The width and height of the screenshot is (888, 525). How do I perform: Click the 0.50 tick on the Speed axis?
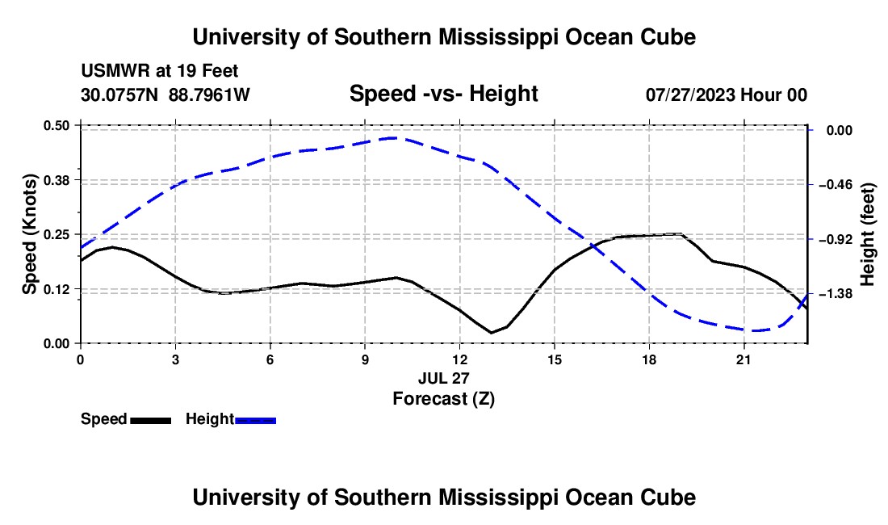(56, 125)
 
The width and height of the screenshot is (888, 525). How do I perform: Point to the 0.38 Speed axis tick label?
(56, 180)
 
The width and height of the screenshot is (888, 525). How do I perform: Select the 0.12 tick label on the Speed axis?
(56, 289)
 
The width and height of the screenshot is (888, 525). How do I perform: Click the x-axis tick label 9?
(365, 359)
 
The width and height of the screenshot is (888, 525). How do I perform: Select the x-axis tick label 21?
(743, 359)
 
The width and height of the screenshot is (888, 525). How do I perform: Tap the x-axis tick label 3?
(175, 359)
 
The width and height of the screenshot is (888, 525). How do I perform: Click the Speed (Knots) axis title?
(29, 234)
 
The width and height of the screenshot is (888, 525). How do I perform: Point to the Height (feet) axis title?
(868, 234)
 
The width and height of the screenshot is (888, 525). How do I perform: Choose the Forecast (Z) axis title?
(444, 399)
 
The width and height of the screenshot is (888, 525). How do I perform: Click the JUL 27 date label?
(444, 378)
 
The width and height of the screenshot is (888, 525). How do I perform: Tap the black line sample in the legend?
(151, 420)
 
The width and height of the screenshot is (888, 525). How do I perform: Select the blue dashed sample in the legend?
(255, 420)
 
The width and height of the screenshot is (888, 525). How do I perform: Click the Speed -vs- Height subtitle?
(444, 94)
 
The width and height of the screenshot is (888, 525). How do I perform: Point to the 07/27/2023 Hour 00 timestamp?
(727, 94)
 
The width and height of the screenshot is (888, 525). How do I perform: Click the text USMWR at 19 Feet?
(160, 71)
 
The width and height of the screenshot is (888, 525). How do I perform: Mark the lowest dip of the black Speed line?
(491, 333)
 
